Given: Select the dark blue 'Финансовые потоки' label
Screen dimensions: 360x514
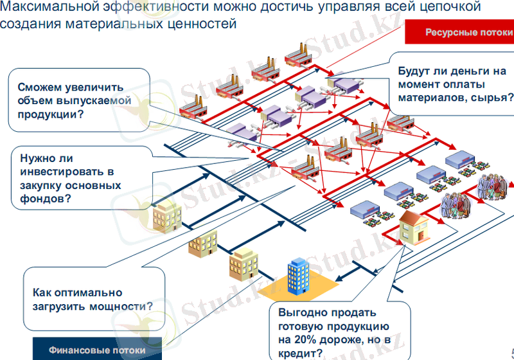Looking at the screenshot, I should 97,350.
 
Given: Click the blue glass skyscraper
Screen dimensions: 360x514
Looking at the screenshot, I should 299,274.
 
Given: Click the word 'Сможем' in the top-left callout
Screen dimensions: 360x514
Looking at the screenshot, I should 39,87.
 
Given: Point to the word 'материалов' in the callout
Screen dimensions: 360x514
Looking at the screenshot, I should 431,98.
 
